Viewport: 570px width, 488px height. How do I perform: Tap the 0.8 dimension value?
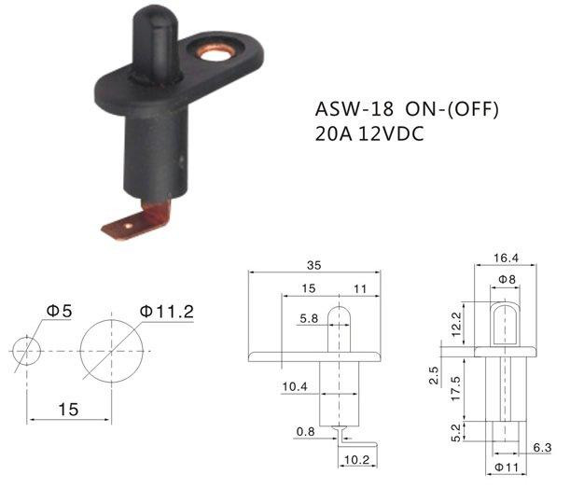point(305,431)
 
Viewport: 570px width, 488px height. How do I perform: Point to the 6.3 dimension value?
point(542,448)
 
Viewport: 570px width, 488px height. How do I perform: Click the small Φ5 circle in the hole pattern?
point(26,350)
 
